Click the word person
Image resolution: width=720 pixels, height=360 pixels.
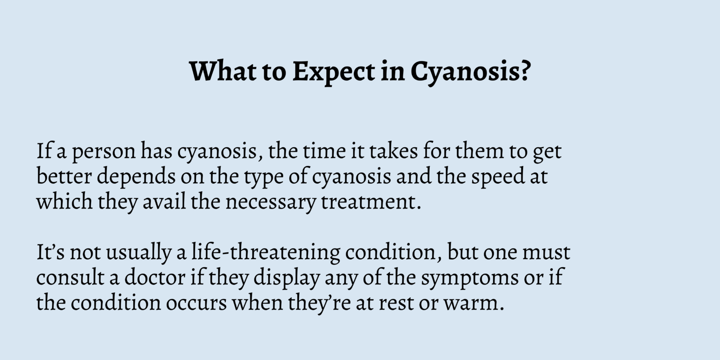click(x=104, y=152)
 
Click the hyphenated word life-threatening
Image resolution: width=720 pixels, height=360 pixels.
click(x=266, y=253)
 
